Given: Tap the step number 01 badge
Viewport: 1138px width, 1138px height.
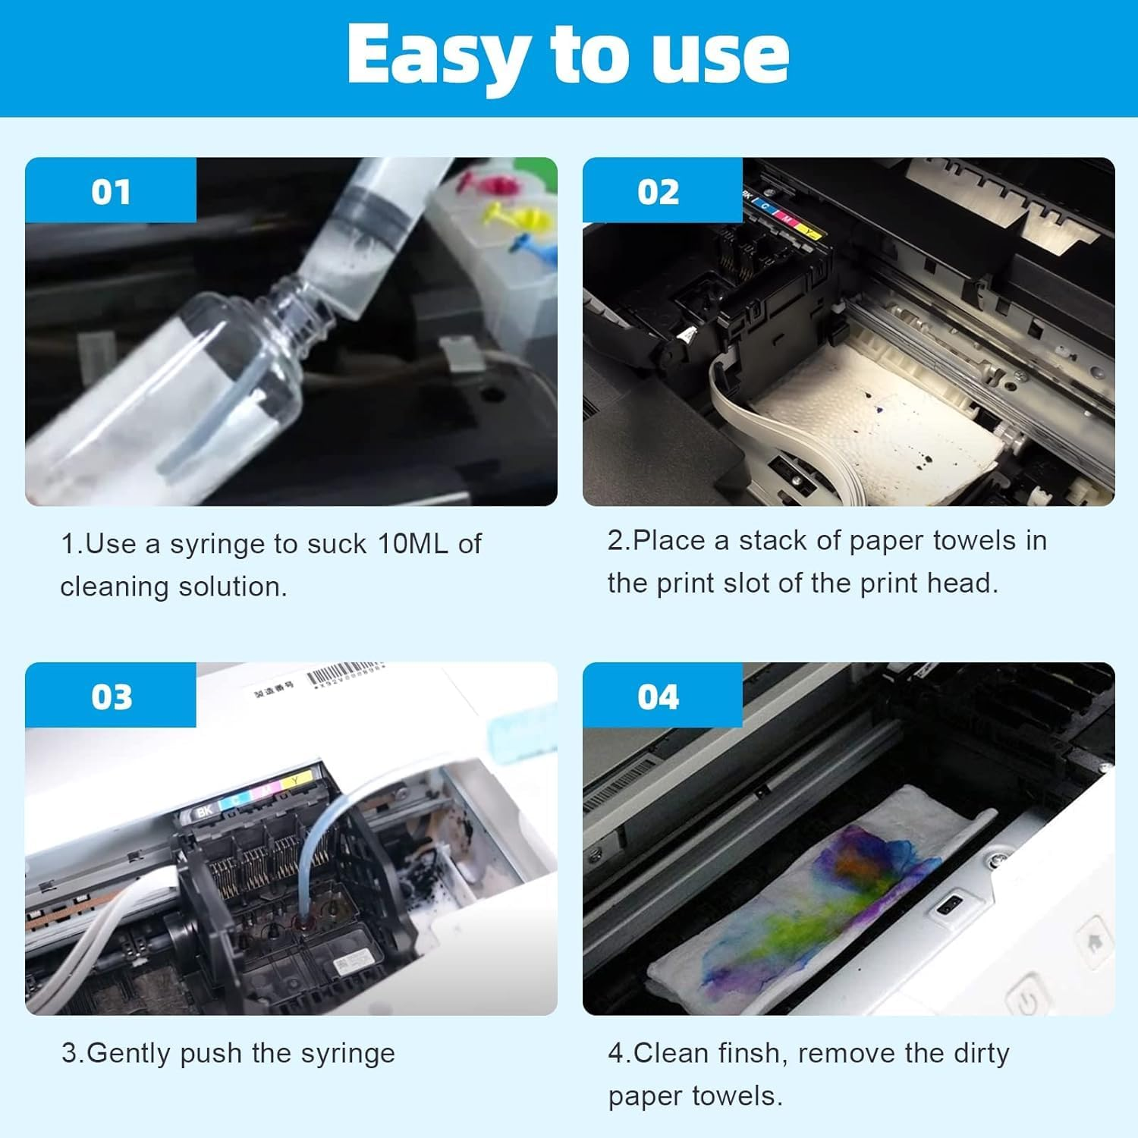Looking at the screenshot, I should coord(111,192).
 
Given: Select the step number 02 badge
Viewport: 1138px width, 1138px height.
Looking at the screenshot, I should coord(658,192).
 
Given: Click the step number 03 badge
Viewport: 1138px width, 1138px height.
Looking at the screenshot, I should coord(112,696).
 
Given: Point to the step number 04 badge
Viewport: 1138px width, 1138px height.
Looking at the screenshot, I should coord(658,696).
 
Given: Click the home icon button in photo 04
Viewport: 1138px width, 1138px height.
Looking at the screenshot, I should coord(1094,943).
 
